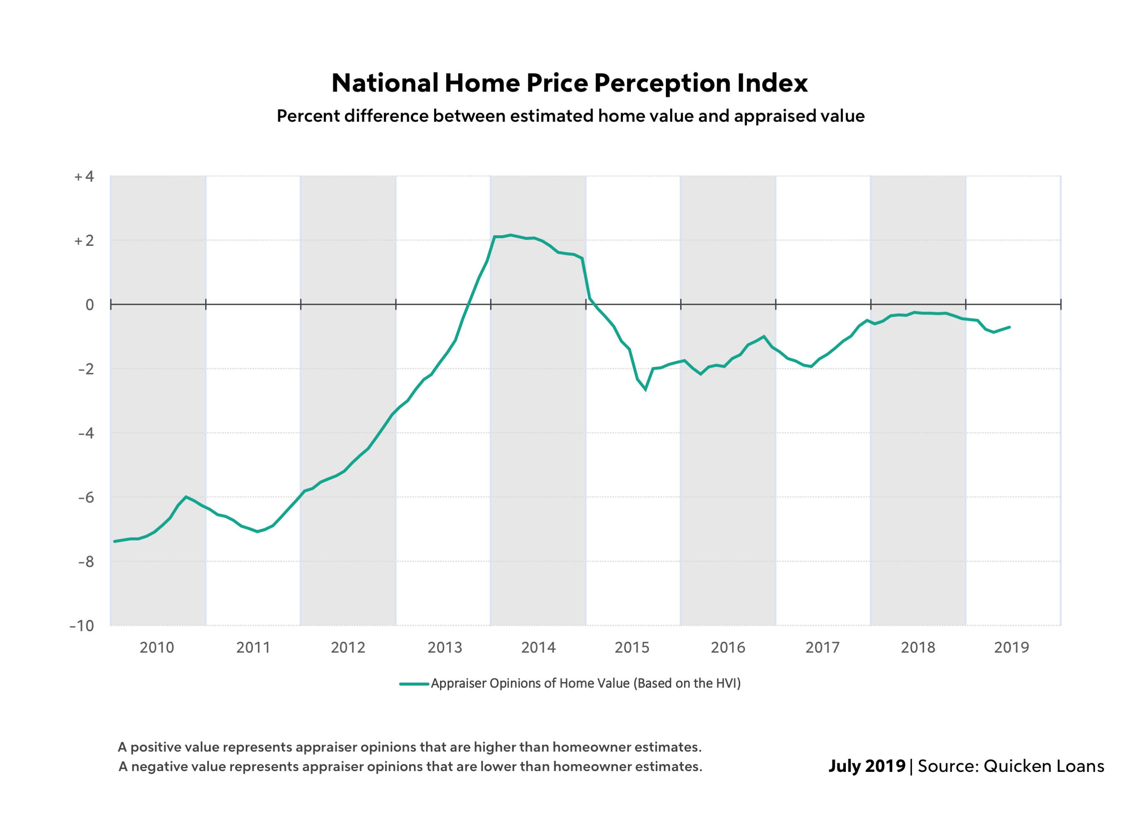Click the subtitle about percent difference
point(571,116)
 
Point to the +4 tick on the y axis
point(84,177)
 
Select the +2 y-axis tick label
point(84,241)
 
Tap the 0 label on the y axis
point(89,305)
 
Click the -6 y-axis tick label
point(86,497)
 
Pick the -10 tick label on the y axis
point(82,626)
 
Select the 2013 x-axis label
point(444,648)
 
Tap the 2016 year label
point(727,648)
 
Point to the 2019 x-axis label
point(1012,648)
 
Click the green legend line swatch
point(414,683)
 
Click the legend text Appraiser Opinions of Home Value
point(585,683)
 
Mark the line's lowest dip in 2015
point(645,390)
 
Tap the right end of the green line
point(1009,327)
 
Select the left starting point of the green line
point(114,541)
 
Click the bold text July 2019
point(867,766)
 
